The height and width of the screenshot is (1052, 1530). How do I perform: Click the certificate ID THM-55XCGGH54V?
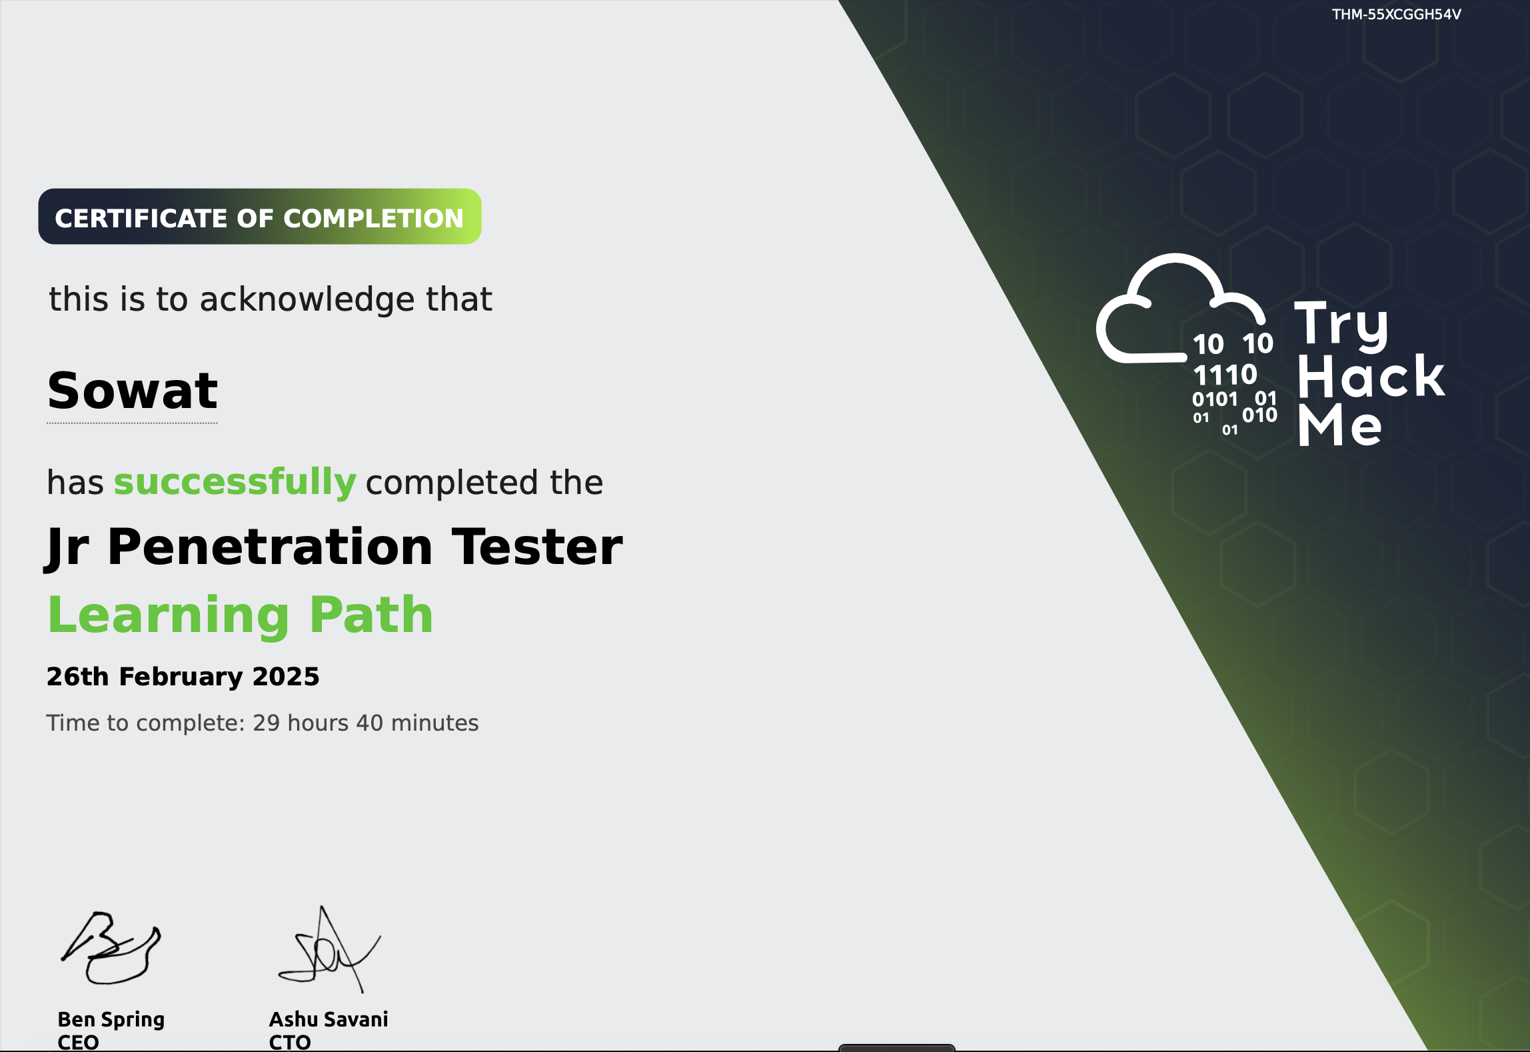[x=1396, y=15]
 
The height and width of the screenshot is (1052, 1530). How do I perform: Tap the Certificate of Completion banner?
[x=259, y=217]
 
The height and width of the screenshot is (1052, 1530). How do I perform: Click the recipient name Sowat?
[x=133, y=391]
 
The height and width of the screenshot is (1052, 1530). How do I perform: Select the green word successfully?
[x=235, y=482]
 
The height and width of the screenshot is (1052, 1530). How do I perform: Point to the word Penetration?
[x=270, y=547]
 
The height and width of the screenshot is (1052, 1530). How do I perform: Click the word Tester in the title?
[x=537, y=547]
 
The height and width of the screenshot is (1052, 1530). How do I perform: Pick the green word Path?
[x=372, y=615]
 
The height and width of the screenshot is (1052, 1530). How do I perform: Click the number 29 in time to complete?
[x=267, y=723]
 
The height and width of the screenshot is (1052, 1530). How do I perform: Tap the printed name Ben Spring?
[x=111, y=1019]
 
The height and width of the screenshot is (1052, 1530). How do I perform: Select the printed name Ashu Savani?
[x=328, y=1019]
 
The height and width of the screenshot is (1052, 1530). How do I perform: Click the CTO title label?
[x=290, y=1042]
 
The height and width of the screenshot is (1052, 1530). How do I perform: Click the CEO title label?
[x=78, y=1042]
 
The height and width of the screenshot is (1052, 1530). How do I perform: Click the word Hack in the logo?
[x=1371, y=377]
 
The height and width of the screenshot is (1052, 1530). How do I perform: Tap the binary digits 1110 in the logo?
[x=1225, y=375]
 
